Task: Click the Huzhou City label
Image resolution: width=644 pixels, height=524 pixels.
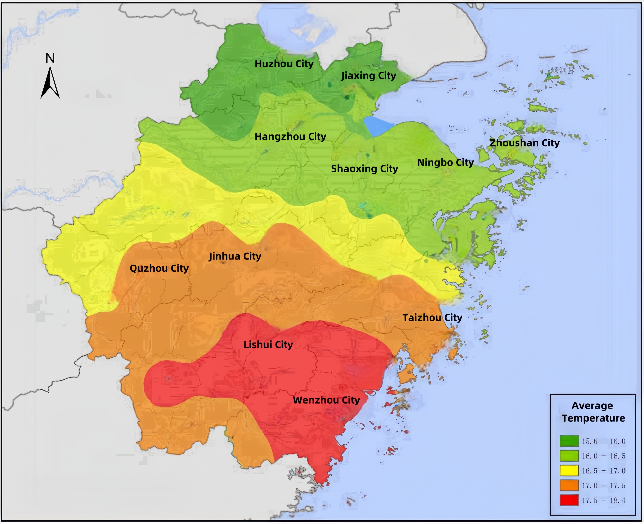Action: click(284, 64)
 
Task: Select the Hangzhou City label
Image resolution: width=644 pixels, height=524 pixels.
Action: click(290, 137)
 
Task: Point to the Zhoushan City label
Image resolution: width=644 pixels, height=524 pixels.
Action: click(525, 143)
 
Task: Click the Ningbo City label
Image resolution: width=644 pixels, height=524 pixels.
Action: click(445, 163)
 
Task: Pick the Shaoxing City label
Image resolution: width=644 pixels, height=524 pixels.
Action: click(364, 169)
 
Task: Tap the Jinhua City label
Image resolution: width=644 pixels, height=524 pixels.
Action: click(235, 256)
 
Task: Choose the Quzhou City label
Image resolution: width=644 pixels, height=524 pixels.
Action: click(159, 268)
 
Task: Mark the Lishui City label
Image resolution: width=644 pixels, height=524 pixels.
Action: click(268, 345)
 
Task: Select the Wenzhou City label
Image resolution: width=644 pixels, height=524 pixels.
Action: click(326, 400)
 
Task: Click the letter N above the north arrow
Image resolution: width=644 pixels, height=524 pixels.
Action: click(50, 58)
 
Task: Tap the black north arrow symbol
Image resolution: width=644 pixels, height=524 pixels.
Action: click(50, 83)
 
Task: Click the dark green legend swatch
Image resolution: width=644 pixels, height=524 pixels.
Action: click(569, 441)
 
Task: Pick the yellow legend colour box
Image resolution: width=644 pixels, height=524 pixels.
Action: click(569, 471)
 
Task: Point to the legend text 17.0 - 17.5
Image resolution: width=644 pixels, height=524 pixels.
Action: click(604, 486)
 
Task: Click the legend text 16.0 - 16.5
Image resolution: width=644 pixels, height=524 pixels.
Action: click(604, 456)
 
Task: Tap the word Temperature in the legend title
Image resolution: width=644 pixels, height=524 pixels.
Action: click(593, 418)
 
